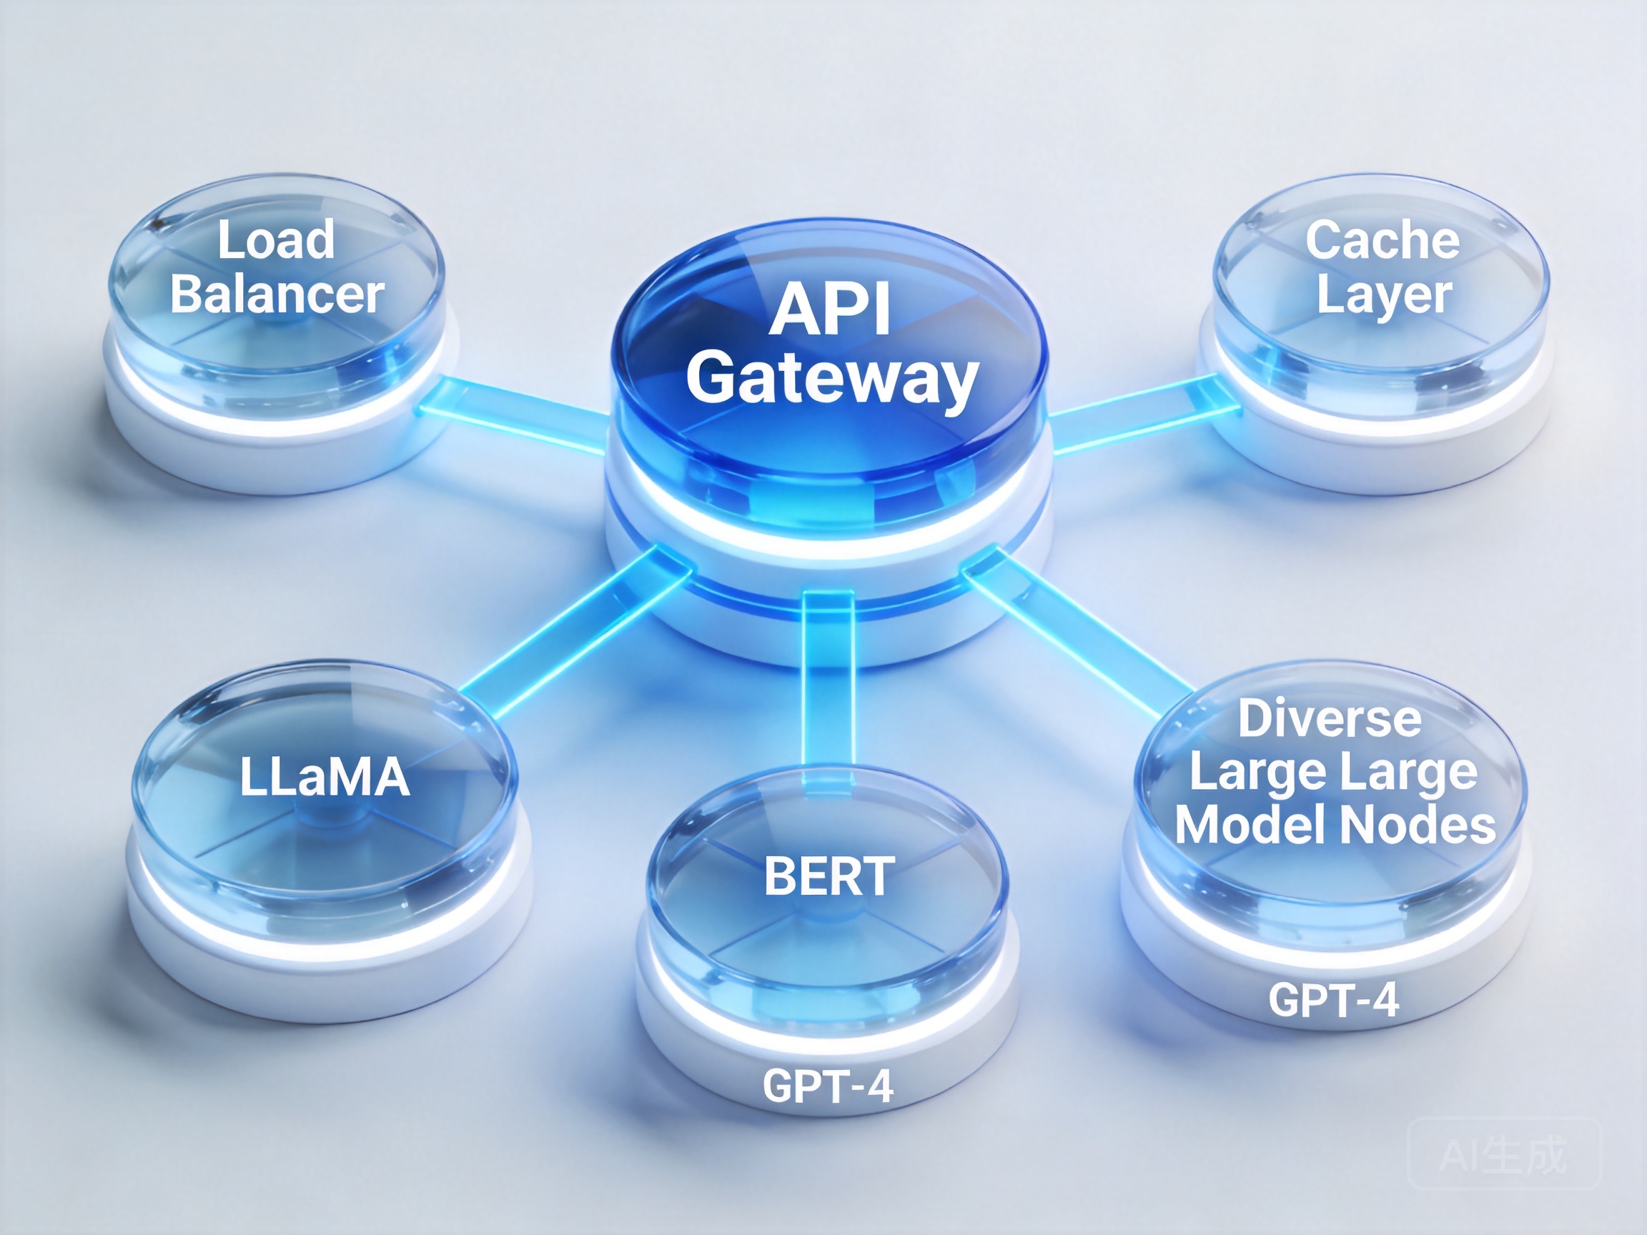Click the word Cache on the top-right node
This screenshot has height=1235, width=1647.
click(x=1382, y=240)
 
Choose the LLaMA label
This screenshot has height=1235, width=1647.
click(x=325, y=777)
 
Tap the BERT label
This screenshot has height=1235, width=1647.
click(x=829, y=876)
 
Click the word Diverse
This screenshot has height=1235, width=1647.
click(x=1330, y=718)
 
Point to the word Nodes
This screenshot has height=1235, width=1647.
click(x=1417, y=825)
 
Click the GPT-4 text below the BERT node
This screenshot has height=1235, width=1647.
click(x=828, y=1086)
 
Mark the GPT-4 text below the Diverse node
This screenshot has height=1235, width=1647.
click(x=1333, y=1000)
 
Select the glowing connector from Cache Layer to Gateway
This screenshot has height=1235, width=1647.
click(x=1143, y=414)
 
